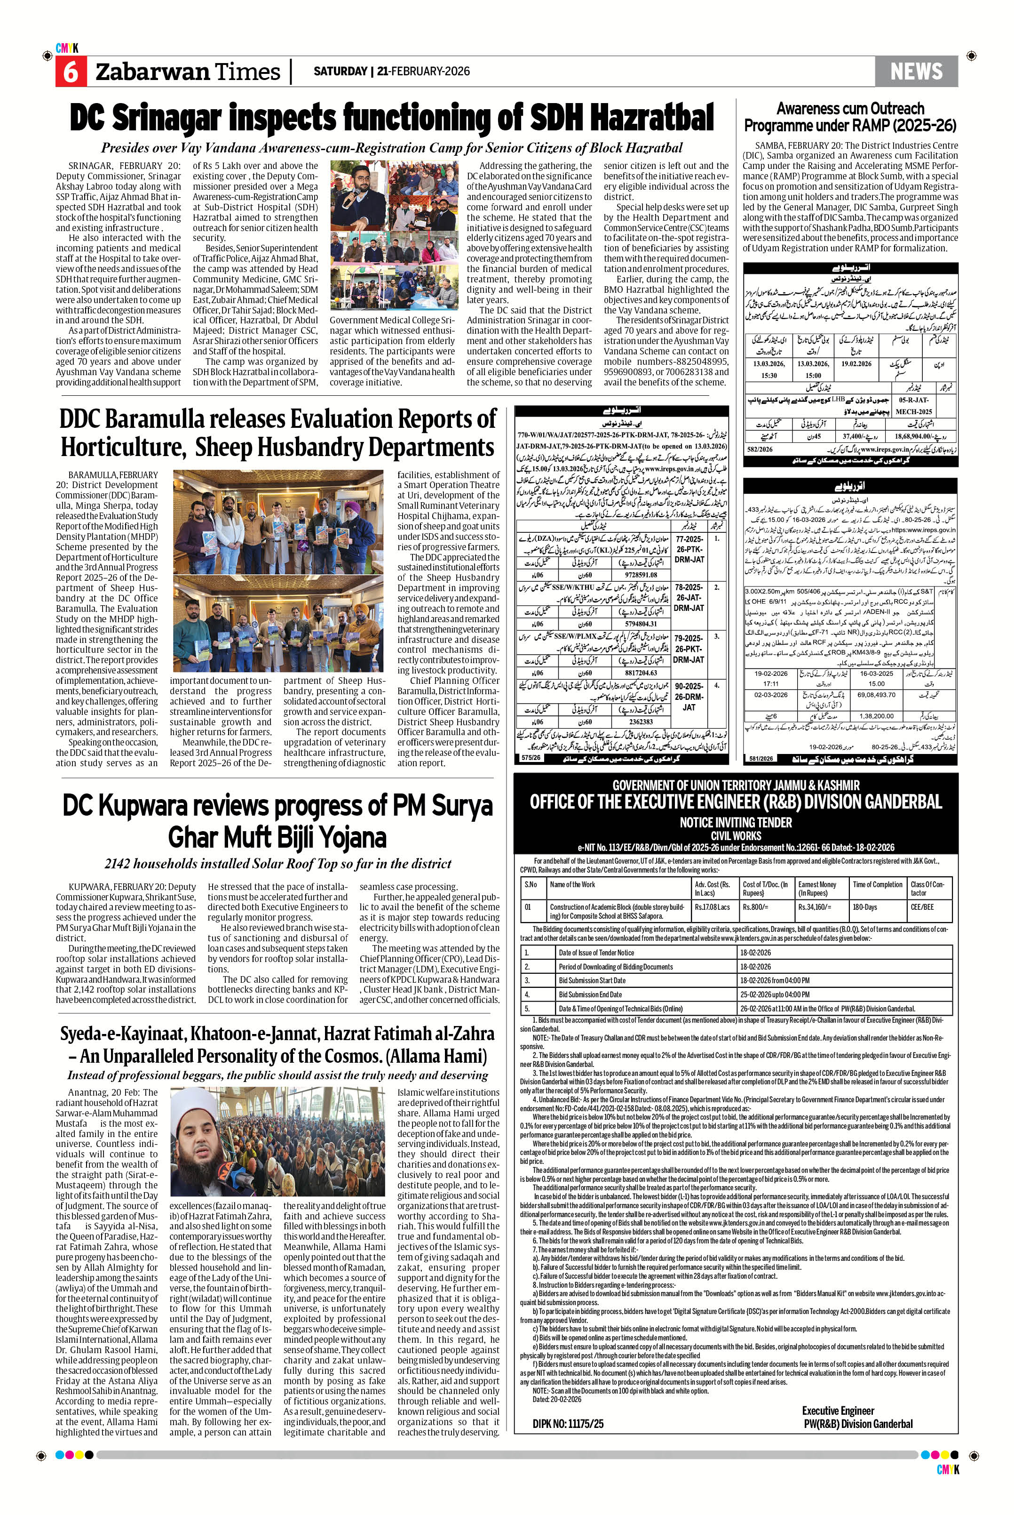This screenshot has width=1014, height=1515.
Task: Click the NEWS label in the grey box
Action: tap(916, 71)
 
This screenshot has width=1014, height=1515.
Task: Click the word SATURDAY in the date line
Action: tap(340, 71)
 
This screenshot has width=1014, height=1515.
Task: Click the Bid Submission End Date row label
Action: tap(590, 994)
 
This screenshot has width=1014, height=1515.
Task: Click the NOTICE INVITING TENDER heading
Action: tap(735, 823)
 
